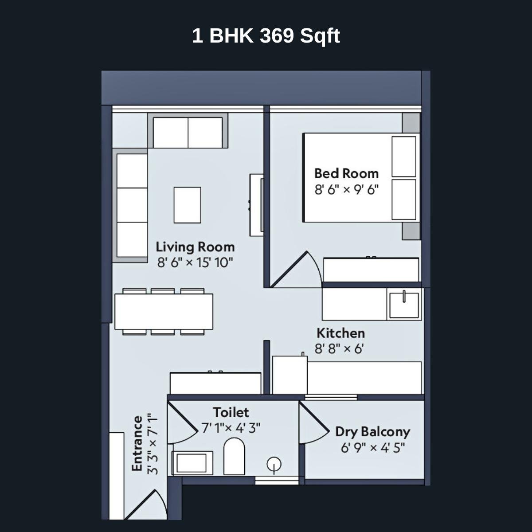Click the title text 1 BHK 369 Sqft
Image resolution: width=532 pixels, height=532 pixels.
pos(266,36)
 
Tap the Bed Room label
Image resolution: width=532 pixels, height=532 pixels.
pos(346,173)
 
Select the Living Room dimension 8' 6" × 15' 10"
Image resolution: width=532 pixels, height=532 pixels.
pos(195,262)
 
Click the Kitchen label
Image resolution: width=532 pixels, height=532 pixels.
pos(340,333)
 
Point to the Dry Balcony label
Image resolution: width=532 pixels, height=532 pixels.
pos(372,431)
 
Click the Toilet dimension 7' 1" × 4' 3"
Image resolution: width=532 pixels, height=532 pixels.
pos(231,428)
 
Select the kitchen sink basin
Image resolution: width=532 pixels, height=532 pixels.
pos(403,305)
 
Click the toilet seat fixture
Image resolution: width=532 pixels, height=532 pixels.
pos(234,457)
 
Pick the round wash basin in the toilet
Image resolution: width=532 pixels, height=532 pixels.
pos(274,464)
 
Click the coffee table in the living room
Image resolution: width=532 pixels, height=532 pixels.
pos(187,205)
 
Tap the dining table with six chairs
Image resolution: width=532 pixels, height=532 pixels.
pos(164,312)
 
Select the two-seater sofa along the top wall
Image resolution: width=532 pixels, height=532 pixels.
pos(188,132)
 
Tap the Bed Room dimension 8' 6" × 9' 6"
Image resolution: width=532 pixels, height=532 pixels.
pos(346,190)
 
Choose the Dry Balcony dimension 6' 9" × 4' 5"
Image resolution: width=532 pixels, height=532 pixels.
pos(372,448)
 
